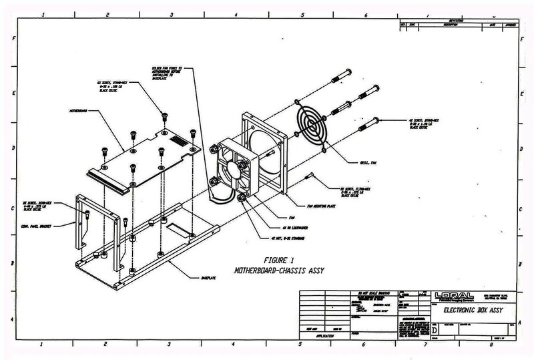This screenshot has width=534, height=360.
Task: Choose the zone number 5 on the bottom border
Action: click(300, 345)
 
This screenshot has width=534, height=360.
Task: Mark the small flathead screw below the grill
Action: click(308, 176)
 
